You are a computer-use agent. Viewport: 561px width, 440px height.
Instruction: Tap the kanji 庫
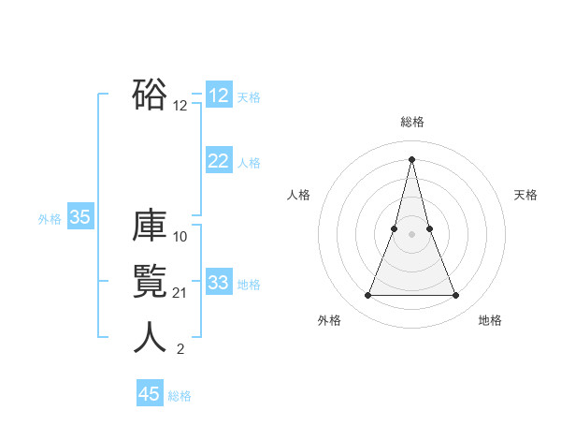coord(150,227)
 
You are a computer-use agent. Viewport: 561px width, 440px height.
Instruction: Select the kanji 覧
coord(150,282)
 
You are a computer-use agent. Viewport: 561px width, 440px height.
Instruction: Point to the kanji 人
coord(150,338)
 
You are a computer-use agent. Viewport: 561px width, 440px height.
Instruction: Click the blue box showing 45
coord(150,394)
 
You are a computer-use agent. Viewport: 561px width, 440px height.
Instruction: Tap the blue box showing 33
coord(219,283)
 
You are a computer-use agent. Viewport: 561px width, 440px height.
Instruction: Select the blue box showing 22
coord(219,161)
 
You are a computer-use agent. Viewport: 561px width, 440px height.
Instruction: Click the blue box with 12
coord(219,95)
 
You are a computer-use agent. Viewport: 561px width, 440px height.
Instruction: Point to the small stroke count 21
coord(180,294)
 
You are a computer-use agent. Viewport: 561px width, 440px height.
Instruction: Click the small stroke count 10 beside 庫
coord(180,237)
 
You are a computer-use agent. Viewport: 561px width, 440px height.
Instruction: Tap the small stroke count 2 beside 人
coord(180,350)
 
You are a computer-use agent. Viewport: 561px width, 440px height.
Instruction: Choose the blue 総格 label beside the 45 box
coord(180,396)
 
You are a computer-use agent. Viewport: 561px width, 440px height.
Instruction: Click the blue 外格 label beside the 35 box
coord(50,219)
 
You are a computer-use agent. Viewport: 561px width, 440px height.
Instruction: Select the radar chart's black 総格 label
coord(411,122)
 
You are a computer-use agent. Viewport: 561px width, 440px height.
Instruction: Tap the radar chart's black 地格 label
coord(490,320)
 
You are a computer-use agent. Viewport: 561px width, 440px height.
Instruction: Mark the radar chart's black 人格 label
coord(298,195)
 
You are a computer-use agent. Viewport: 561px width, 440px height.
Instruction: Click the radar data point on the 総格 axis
coord(411,158)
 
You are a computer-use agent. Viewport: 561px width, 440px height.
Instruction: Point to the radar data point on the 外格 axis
coord(367,296)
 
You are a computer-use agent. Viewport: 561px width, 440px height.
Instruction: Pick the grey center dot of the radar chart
coord(411,234)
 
